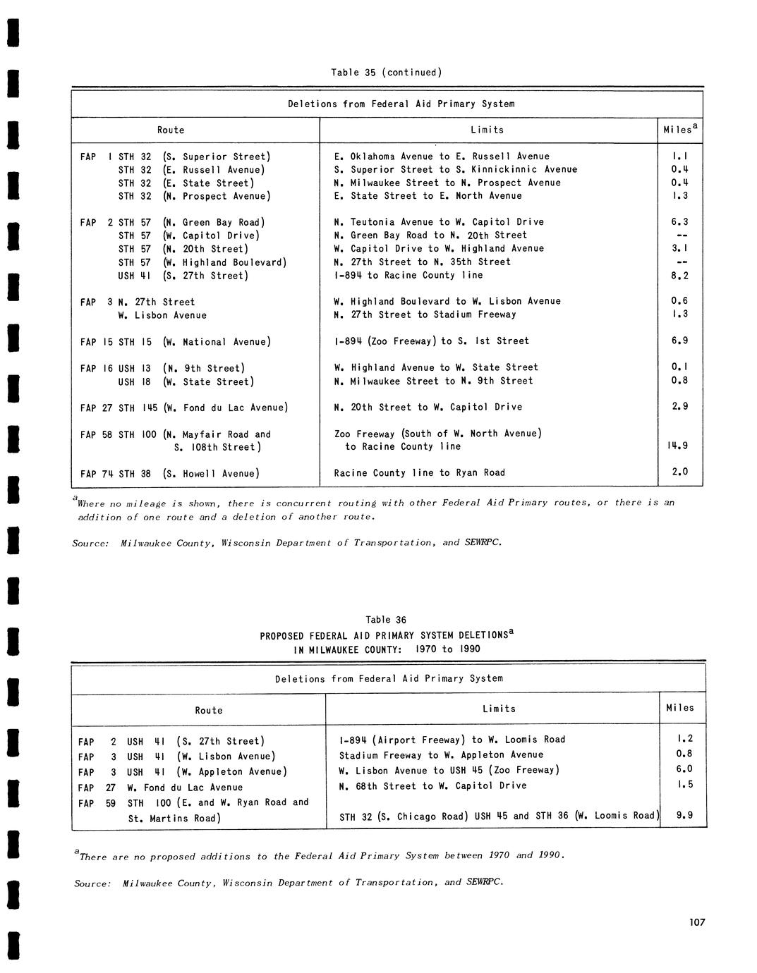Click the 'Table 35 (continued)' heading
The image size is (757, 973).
point(386,73)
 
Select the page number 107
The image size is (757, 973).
point(697,922)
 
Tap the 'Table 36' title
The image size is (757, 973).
point(386,620)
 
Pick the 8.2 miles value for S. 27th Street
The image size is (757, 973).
point(679,276)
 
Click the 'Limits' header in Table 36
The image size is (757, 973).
point(499,709)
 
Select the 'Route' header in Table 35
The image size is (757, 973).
point(171,130)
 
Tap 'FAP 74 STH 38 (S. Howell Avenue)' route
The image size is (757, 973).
point(170,474)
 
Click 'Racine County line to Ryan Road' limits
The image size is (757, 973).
point(420,473)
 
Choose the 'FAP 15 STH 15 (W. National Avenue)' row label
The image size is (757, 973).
point(175,342)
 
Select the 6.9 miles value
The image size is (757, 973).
point(679,341)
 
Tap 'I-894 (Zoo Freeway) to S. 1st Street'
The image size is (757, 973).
point(432,341)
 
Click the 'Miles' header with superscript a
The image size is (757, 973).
point(680,130)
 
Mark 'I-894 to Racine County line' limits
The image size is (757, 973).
point(408,276)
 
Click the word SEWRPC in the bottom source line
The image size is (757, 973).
point(485,882)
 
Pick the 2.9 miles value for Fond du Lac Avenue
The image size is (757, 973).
point(679,407)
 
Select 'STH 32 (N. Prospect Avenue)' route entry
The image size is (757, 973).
point(194,196)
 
